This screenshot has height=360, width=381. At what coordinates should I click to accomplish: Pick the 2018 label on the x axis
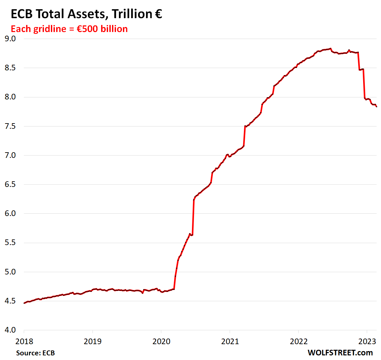pyautogui.click(x=24, y=341)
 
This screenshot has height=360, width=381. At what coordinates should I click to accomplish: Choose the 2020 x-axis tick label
pyautogui.click(x=161, y=341)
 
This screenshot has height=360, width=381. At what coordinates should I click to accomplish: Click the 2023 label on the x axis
pyautogui.click(x=367, y=341)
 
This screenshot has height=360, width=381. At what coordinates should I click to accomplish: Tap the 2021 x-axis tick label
pyautogui.click(x=230, y=341)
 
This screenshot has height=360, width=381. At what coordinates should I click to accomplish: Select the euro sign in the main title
pyautogui.click(x=158, y=14)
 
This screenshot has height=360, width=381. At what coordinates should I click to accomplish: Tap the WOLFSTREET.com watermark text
pyautogui.click(x=340, y=353)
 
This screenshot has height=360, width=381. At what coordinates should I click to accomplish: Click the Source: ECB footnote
pyautogui.click(x=35, y=353)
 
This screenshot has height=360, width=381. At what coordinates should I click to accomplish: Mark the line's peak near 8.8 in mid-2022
pyautogui.click(x=330, y=49)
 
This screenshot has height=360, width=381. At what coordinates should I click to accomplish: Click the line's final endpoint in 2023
pyautogui.click(x=376, y=106)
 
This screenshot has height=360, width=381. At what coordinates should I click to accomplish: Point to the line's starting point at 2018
pyautogui.click(x=24, y=303)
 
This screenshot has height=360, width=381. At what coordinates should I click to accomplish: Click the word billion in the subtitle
pyautogui.click(x=114, y=29)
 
